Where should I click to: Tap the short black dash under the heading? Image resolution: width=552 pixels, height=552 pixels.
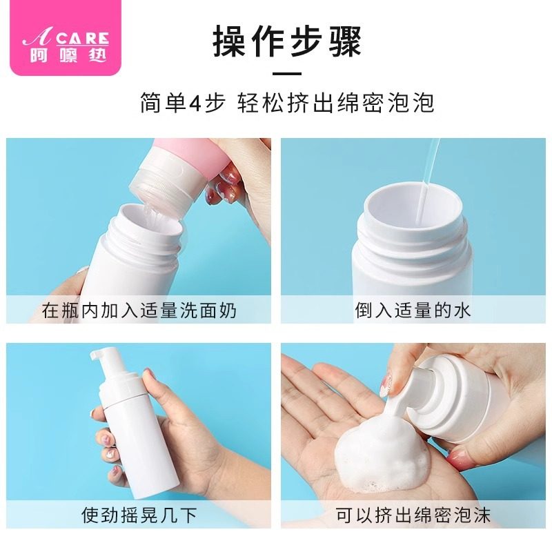[287, 74]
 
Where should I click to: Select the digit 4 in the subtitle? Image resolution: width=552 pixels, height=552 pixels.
[197, 103]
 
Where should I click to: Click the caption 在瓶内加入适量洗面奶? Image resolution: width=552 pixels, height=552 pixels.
[139, 310]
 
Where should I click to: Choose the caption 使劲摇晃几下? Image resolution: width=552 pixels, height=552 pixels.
[139, 515]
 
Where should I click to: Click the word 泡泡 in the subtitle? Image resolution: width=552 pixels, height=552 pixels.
[413, 103]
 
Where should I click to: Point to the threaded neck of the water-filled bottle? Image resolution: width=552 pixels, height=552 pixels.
[414, 241]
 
